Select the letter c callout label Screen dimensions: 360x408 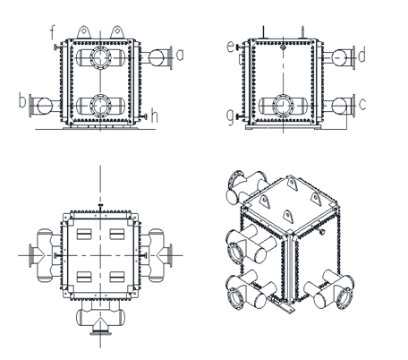point(361,105)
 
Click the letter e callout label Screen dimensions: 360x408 point(231,46)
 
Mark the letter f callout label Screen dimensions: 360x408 point(53,35)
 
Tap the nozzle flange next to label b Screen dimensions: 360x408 point(43,106)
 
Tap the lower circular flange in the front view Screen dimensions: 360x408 point(99,106)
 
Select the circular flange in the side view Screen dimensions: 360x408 point(283,105)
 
